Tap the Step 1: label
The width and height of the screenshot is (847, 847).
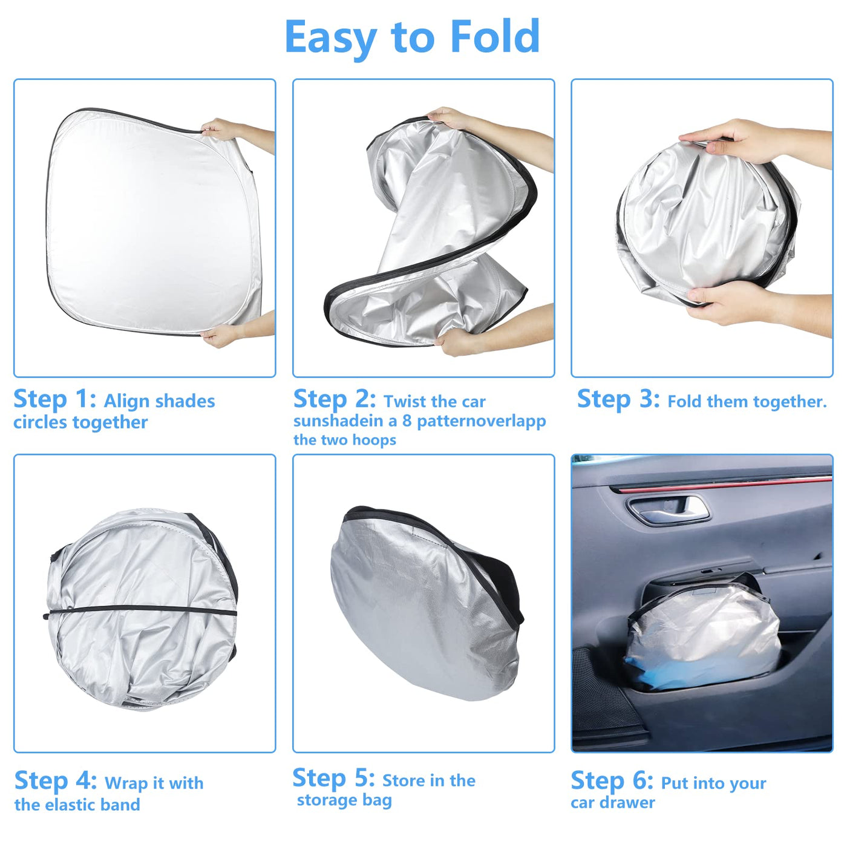[54, 399]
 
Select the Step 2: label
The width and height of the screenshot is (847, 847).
[335, 399]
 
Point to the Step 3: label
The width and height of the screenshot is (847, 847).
[618, 399]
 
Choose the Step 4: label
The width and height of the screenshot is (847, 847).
[56, 780]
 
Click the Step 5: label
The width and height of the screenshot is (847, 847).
[333, 778]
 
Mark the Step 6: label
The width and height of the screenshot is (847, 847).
[612, 780]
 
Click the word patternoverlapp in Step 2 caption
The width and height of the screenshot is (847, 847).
[482, 422]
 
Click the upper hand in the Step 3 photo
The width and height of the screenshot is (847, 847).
[747, 143]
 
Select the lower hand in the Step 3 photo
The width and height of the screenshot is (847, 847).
[751, 308]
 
